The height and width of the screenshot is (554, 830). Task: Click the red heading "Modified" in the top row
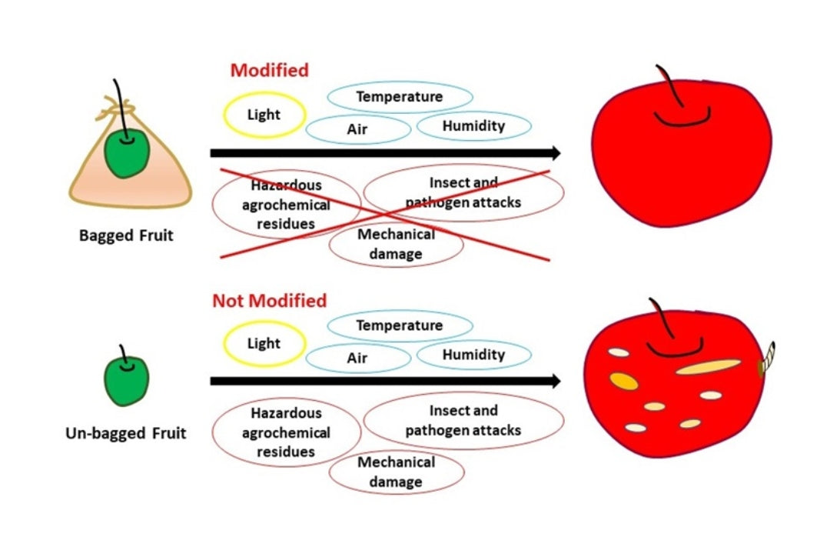tap(270, 70)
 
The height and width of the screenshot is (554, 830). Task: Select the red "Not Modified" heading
tap(270, 301)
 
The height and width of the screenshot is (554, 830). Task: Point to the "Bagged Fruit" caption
tap(126, 235)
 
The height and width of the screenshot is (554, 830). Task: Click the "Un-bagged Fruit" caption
tap(126, 433)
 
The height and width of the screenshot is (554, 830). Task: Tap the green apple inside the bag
tap(127, 152)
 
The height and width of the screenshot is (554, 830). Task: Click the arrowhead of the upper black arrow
tap(556, 153)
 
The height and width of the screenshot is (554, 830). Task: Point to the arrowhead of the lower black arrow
tap(556, 381)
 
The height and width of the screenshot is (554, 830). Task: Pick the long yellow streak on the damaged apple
tap(709, 366)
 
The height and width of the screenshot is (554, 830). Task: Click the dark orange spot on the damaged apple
tap(624, 381)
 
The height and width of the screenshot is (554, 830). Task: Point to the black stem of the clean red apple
tap(669, 86)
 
